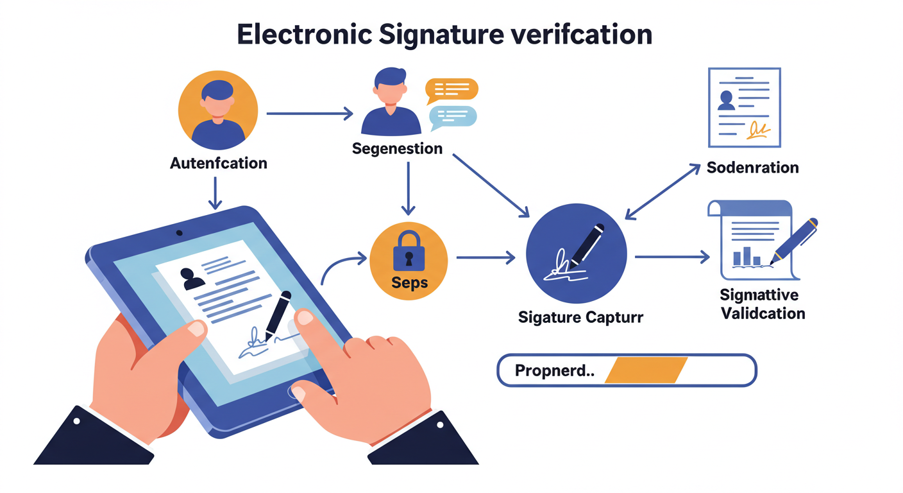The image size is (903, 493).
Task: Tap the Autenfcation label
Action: pyautogui.click(x=218, y=163)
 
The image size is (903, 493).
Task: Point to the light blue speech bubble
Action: pyautogui.click(x=453, y=116)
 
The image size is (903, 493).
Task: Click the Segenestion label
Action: pyautogui.click(x=397, y=149)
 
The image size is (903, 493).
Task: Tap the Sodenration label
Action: pyautogui.click(x=752, y=168)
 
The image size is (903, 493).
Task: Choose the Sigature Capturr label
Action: pyautogui.click(x=580, y=317)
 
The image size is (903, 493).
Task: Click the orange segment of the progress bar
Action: pyautogui.click(x=646, y=370)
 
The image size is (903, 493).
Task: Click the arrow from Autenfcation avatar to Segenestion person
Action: pyautogui.click(x=309, y=114)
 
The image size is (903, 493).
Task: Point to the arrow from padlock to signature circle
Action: pyautogui.click(x=485, y=258)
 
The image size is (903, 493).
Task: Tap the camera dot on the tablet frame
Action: pyautogui.click(x=179, y=232)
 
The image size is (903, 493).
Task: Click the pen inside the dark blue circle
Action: pyautogui.click(x=587, y=244)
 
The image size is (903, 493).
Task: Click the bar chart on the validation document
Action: pyautogui.click(x=747, y=256)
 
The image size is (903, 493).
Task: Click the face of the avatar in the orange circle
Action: pyautogui.click(x=217, y=105)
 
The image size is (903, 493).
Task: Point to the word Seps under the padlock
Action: pyautogui.click(x=409, y=283)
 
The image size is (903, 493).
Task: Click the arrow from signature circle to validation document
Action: pyautogui.click(x=672, y=257)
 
